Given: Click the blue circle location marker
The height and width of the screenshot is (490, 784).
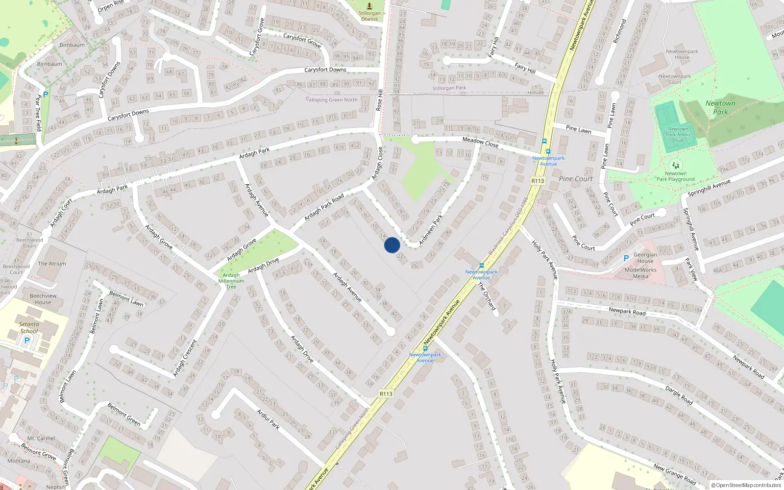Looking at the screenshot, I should (x=392, y=245).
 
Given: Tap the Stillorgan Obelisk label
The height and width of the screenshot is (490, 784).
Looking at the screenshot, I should (x=369, y=16).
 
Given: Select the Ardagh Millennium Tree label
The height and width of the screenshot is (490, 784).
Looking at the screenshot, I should (x=231, y=281).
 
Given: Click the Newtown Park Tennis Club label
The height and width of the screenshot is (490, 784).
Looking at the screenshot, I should (x=679, y=135).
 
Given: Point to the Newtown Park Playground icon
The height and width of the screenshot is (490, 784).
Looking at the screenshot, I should (x=676, y=166).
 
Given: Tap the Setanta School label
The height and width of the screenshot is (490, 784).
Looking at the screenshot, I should (x=29, y=327).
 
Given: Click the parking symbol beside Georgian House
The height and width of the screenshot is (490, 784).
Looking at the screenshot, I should (x=626, y=258).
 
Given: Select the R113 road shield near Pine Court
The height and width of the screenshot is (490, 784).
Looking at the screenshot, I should (x=538, y=181).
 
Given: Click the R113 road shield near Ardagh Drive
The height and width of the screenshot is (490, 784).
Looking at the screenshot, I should (x=386, y=393).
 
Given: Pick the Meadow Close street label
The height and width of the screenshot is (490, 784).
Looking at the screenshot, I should (x=480, y=143).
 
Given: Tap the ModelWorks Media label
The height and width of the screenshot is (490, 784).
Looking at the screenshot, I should (x=640, y=273).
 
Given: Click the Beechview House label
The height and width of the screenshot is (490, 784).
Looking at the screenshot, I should (x=43, y=299).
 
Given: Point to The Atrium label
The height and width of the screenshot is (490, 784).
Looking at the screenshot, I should (x=52, y=264).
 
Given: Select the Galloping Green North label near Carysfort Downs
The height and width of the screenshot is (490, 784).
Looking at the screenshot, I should (x=332, y=99).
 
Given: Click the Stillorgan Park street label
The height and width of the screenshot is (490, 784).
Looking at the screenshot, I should (x=449, y=88).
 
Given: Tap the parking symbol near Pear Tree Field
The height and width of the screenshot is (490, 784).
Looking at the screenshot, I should (x=46, y=95).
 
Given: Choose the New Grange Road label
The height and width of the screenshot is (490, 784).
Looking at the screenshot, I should (x=674, y=474).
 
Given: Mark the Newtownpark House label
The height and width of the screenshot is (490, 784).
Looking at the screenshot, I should (x=682, y=54).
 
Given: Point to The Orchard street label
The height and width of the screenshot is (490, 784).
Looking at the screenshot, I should (x=487, y=296).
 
